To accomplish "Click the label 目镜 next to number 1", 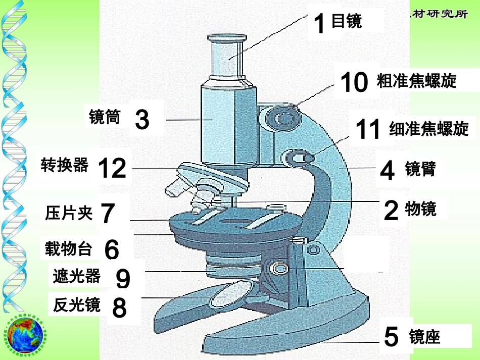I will (x=347, y=21).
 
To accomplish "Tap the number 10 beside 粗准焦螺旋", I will (x=354, y=82).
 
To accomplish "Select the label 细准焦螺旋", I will (x=429, y=129).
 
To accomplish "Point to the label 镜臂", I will (x=420, y=169).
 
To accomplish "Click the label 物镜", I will (x=420, y=209).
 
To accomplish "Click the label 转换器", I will (x=65, y=165).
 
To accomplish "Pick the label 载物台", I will (x=69, y=248).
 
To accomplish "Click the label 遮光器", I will (x=76, y=276).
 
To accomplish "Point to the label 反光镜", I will (x=76, y=305).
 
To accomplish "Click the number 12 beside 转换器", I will (x=112, y=168).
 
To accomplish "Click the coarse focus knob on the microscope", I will (x=283, y=119).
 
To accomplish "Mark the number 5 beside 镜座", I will (x=392, y=337).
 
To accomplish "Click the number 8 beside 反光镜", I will (x=119, y=307).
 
